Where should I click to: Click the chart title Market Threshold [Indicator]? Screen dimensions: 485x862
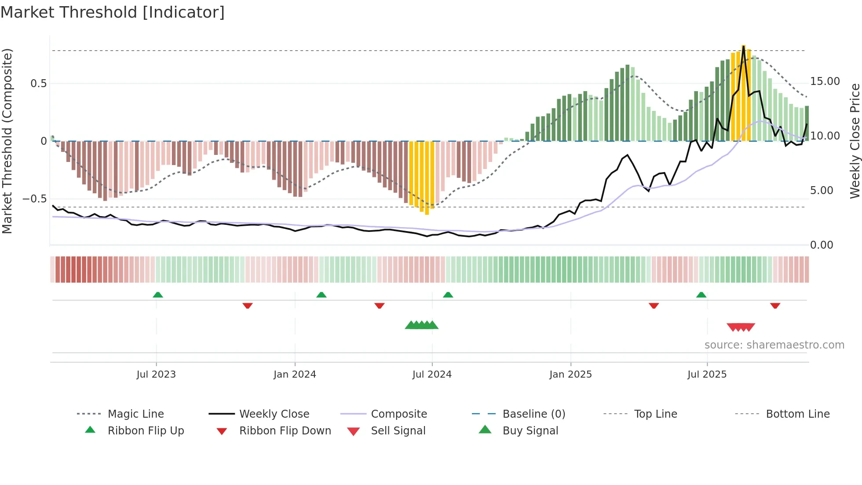pos(113,12)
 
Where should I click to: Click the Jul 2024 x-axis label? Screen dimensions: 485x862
pos(432,374)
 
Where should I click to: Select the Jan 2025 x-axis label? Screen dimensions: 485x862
pos(570,374)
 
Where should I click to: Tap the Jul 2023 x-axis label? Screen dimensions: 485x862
pos(156,374)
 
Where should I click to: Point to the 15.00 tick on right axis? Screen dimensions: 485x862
pos(825,81)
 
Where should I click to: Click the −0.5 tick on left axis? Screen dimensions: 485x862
pos(35,199)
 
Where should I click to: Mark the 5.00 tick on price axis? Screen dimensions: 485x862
pos(822,191)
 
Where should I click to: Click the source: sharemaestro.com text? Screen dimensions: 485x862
pos(774,345)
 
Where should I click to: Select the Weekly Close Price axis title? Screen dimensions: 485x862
pos(855,141)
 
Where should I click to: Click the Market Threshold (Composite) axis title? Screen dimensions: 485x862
pos(7,141)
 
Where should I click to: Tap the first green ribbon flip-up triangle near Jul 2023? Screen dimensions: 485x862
pos(158,294)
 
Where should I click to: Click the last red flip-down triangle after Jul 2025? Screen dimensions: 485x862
pos(775,305)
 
